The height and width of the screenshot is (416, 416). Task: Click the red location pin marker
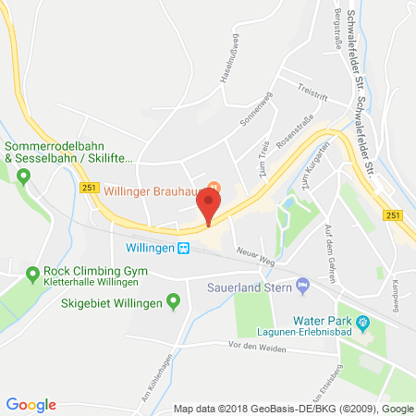(210, 203)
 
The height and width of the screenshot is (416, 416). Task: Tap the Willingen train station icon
(183, 249)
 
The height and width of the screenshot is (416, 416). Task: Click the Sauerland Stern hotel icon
(302, 285)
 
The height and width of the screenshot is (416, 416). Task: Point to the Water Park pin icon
(363, 322)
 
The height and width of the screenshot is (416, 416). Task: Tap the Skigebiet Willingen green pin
(172, 302)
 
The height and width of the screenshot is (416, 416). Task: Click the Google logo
(31, 404)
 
